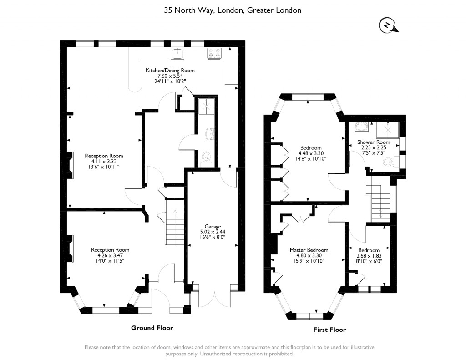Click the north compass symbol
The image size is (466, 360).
[388, 25]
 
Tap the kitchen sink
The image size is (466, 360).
[177, 54]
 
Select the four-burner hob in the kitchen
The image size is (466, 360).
[214, 54]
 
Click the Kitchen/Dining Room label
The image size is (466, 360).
[170, 71]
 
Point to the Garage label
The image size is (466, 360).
[213, 227]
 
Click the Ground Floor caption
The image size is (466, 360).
[152, 328]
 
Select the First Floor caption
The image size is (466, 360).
[329, 330]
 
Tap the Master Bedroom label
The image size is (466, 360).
[309, 250]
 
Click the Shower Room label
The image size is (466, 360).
[374, 142]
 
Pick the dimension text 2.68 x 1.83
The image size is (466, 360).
[369, 256]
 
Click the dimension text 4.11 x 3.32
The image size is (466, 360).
[104, 162]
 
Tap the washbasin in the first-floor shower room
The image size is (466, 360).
[361, 127]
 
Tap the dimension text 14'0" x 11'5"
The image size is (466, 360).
[107, 261]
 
